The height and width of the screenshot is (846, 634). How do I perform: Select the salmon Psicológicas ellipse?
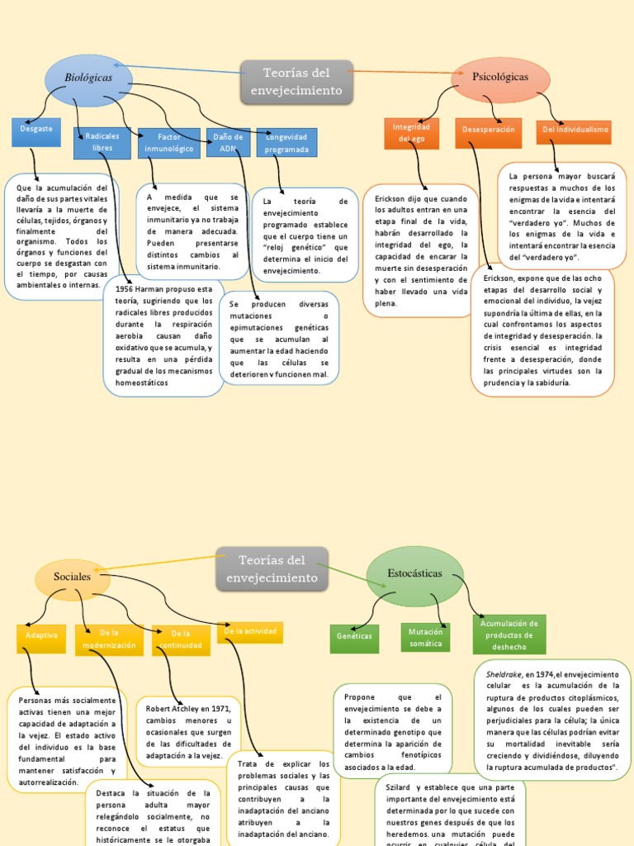coord(500,77)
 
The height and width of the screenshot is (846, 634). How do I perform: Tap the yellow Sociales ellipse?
coord(72,577)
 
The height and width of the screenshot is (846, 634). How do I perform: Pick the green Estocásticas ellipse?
coord(414,573)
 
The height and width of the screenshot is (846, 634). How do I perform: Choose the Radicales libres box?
coord(102,142)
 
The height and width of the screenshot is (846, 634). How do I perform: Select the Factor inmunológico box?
coord(169,142)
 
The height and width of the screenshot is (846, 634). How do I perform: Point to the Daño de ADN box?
coord(228,142)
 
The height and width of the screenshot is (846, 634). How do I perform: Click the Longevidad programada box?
coord(286,143)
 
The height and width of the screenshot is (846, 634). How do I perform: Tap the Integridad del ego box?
coord(411,133)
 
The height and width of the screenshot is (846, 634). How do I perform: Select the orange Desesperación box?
coord(488,131)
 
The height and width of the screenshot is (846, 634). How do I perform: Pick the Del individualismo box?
coord(575,131)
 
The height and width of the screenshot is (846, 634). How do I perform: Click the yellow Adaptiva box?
coord(41,636)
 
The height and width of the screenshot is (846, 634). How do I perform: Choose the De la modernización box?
coord(109,639)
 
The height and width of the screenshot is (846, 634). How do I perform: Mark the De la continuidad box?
coord(180,639)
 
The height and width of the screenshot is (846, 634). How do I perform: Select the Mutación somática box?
coord(426,637)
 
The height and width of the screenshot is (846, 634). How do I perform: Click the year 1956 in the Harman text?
coord(125,289)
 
